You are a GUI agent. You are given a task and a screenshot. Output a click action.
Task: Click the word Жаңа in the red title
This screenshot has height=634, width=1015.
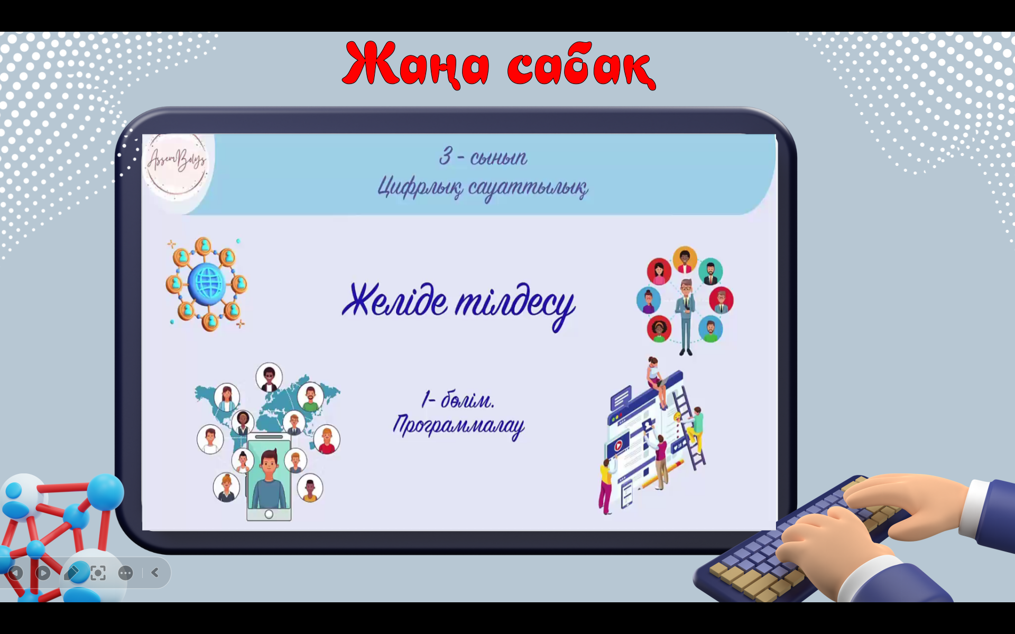418,64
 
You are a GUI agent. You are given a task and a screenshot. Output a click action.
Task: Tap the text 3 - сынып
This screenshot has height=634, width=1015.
483,156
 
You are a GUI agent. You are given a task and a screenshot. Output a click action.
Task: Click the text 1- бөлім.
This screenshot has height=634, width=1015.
458,400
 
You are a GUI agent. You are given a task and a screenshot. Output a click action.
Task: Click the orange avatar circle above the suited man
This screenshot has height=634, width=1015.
685,259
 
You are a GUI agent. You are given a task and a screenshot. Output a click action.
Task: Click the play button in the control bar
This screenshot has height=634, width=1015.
43,573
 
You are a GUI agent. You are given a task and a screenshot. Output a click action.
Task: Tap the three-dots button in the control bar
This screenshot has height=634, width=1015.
126,573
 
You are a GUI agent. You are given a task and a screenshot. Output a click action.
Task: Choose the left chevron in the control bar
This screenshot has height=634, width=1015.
155,572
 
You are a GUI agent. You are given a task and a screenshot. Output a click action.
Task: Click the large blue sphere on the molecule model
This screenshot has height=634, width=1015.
105,491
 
